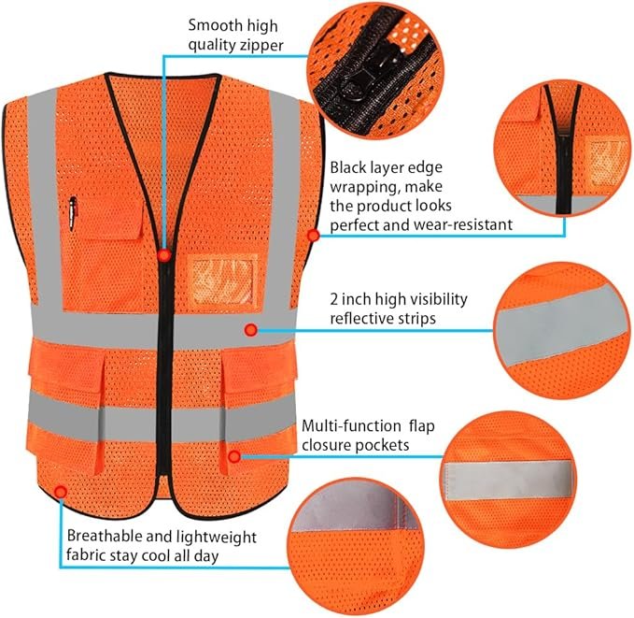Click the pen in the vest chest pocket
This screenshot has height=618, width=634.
pos(73,214)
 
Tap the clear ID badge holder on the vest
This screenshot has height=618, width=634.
pos(223,282)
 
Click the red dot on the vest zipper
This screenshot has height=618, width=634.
pos(163,255)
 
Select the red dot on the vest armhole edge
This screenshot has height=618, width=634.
pos(314,235)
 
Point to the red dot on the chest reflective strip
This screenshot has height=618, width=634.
pos(250,330)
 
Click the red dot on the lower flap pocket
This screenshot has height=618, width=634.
pos(233,457)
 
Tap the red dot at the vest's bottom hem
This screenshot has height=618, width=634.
pos(61,492)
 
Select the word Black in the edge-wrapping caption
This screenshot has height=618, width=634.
pos(349,166)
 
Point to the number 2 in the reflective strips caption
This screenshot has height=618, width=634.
pos(334,300)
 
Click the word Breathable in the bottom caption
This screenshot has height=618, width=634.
pos(104,536)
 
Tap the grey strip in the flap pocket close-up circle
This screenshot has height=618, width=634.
pos(508,481)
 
